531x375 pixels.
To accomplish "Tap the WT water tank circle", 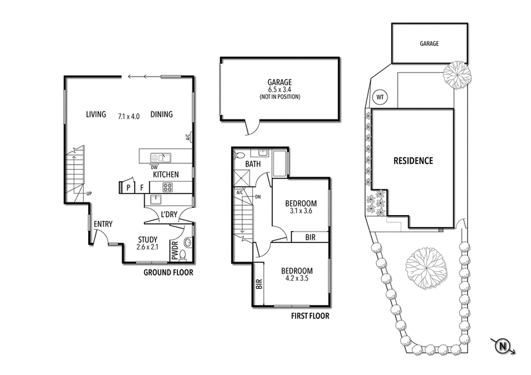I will tap(380, 97).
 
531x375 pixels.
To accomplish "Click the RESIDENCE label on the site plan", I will tap(413, 161).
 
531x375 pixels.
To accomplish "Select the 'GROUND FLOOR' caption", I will tap(169, 272).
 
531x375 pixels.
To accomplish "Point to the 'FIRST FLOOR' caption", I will tap(310, 316).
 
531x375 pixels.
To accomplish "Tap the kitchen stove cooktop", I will tap(165, 188).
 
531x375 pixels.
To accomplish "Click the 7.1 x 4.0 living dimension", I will tap(129, 115).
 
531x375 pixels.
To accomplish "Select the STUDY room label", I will tap(147, 240).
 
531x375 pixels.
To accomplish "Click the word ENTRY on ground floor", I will tap(103, 224).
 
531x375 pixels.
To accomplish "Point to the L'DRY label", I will tap(169, 214).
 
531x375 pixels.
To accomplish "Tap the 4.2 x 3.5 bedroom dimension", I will tap(296, 280).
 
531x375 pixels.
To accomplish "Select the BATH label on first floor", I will tap(253, 163).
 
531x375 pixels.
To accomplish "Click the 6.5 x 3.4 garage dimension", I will tap(279, 90).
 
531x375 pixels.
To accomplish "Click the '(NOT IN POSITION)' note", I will tap(279, 98).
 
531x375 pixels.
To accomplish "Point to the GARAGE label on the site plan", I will tap(429, 43).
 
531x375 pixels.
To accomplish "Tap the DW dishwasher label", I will tap(153, 167).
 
